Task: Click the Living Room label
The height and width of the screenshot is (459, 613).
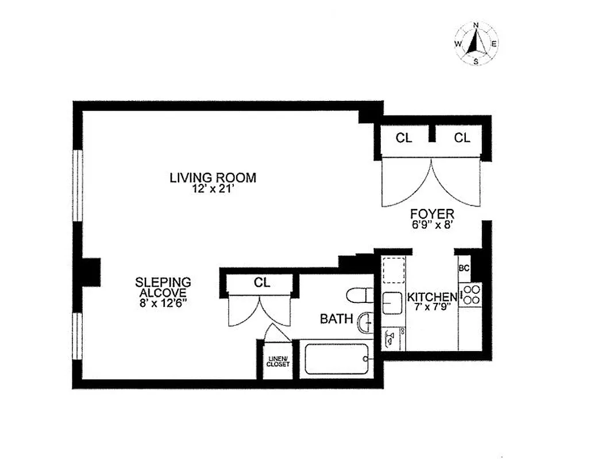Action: (x=213, y=177)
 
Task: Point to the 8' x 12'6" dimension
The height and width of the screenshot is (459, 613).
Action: (x=163, y=303)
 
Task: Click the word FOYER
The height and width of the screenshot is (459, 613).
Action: (x=432, y=214)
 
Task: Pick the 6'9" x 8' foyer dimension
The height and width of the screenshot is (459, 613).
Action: (x=432, y=225)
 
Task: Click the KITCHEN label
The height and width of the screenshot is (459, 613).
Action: (x=432, y=297)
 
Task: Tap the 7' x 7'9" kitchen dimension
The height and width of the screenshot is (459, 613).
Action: (x=432, y=308)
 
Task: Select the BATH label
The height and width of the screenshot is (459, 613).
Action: (x=336, y=319)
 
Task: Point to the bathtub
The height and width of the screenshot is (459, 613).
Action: (x=336, y=359)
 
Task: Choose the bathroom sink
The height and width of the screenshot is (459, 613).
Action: (x=365, y=323)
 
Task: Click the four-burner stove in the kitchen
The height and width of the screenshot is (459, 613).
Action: (x=471, y=294)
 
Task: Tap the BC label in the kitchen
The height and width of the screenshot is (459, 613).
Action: (x=464, y=268)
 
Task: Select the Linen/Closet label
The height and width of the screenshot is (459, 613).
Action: (x=278, y=361)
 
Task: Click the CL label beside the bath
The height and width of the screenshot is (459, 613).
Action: (x=262, y=283)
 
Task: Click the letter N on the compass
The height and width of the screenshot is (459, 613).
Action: (x=476, y=25)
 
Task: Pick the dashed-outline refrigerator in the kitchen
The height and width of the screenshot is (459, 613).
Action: (x=394, y=271)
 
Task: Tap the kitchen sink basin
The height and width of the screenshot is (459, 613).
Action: (x=393, y=302)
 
